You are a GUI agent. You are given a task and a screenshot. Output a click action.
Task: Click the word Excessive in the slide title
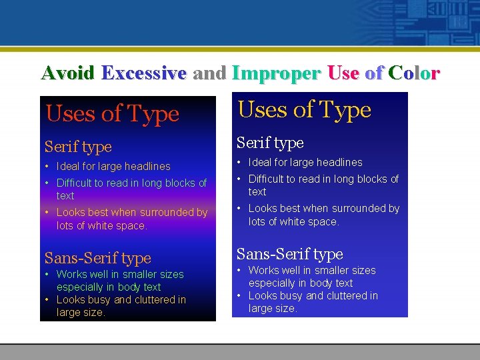point(143,73)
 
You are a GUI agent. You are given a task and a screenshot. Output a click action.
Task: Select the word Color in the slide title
point(414,73)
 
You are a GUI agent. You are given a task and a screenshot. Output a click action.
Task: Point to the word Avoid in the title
point(67,73)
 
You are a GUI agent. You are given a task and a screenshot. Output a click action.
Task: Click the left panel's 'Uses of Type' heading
point(112,114)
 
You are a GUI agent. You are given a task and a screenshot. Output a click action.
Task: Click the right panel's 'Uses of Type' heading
point(304,110)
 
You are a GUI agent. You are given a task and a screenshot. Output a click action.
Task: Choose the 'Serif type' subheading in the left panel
point(78,147)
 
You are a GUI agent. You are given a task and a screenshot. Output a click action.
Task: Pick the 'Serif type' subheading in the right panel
point(270,143)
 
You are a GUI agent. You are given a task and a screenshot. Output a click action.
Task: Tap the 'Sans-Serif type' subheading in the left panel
point(97,258)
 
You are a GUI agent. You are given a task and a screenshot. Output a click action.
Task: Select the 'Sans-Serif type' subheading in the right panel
point(289,254)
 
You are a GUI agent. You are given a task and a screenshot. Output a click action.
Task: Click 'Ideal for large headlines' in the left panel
point(113,167)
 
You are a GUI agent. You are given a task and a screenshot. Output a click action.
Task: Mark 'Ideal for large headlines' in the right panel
point(305,163)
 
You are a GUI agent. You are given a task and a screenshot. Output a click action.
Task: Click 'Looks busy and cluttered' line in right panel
point(313,296)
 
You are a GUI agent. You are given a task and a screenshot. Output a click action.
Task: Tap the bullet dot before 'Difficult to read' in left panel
point(47,183)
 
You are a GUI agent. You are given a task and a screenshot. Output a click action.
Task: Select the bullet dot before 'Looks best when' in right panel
point(239,209)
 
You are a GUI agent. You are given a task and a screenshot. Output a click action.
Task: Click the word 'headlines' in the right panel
point(341,163)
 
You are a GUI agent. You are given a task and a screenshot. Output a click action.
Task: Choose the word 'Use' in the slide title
point(343,73)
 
